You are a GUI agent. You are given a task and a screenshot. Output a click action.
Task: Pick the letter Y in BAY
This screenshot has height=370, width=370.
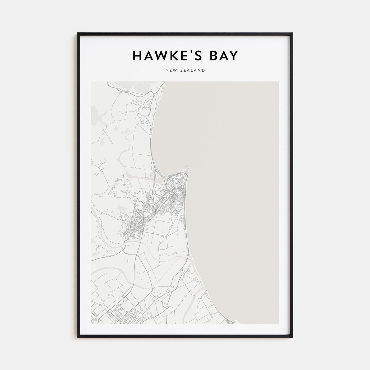tap(234, 55)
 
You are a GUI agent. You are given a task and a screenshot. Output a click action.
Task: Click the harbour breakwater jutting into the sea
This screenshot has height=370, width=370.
tap(187, 168)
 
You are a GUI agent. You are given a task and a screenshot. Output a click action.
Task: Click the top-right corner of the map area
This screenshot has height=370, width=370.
tap(279, 82)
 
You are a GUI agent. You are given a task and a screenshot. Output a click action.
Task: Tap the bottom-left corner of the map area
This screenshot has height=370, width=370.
tap(91, 323)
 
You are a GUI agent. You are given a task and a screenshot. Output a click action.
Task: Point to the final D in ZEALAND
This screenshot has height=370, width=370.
tap(203, 70)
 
